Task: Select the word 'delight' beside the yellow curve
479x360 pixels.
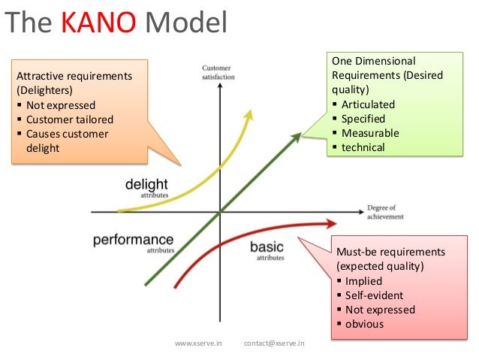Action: (146, 184)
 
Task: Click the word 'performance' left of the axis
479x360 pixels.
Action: (133, 240)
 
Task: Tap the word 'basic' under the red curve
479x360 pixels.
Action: (267, 247)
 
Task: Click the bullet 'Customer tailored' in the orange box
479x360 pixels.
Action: (69, 119)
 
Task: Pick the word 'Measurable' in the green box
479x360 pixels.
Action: (370, 133)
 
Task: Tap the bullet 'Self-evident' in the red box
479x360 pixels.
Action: (374, 295)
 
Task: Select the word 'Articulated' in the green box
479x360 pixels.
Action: (368, 104)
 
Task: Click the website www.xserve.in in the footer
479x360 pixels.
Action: (198, 343)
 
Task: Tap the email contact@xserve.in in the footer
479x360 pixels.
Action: (275, 343)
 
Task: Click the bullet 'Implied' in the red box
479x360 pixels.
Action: (363, 281)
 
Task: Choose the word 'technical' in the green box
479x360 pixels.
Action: (363, 147)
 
